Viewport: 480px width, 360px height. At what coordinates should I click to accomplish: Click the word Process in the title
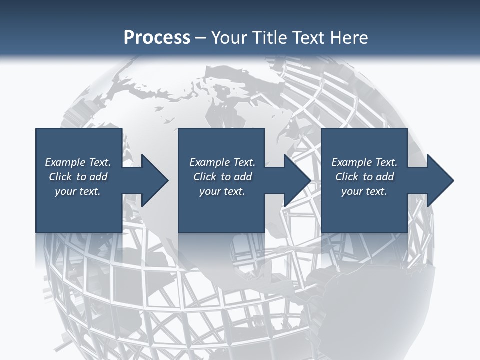point(157,38)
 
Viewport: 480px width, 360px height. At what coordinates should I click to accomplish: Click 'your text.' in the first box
point(78,191)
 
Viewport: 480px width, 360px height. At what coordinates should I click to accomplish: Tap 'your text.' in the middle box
point(222,191)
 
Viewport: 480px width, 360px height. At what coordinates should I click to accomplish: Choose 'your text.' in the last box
point(364,191)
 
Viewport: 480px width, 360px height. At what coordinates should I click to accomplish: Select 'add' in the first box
point(99,177)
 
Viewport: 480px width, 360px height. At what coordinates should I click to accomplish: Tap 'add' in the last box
point(385,177)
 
